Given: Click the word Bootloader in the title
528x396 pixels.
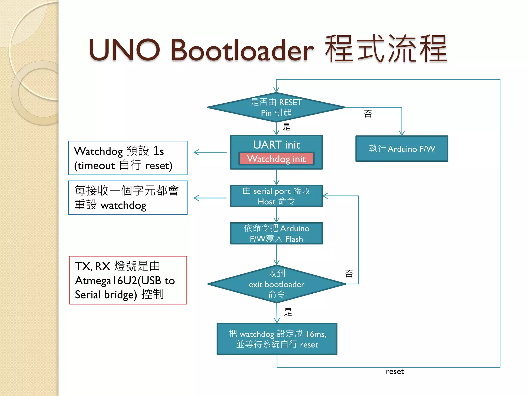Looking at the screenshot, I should tap(242, 50).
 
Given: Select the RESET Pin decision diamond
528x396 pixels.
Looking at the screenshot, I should tap(276, 107).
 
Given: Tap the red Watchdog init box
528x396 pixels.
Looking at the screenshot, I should tap(276, 159).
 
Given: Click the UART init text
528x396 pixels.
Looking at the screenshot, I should tap(276, 145).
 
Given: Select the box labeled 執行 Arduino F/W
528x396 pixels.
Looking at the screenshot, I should tap(402, 149).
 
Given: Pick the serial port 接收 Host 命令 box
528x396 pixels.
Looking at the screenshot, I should tap(276, 196).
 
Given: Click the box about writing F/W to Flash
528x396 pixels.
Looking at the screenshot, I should tap(276, 233).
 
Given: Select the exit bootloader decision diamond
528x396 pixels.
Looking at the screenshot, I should tap(276, 284).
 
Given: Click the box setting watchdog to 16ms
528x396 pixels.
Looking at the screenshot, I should tap(277, 339).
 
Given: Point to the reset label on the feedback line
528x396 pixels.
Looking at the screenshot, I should tap(395, 372).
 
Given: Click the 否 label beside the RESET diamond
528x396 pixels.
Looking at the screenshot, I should tap(368, 114).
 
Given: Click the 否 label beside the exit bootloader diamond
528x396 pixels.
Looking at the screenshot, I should tap(349, 274).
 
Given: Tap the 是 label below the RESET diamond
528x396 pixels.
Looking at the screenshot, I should tap(286, 127).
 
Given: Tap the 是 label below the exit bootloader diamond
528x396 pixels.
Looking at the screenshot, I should tap(288, 312).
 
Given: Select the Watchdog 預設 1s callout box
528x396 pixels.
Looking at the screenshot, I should tap(128, 158).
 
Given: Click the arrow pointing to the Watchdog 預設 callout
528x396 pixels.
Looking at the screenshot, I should tap(209, 152).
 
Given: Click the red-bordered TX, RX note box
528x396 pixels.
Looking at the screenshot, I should tap(128, 280).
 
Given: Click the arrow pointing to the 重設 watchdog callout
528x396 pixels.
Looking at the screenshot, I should tap(209, 198).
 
